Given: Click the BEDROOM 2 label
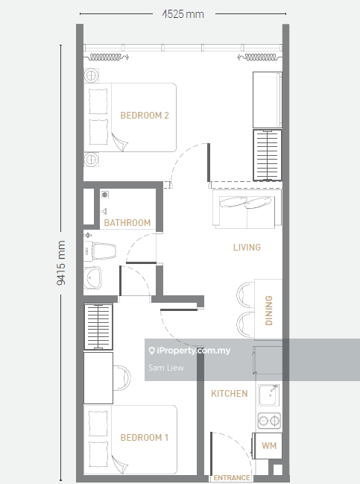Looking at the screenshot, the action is point(145,116).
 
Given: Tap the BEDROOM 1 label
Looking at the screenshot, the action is point(144,438).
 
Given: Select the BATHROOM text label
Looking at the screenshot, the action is point(127,222).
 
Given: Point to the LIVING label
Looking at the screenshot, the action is point(247,248).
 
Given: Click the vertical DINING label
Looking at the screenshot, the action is point(268,310).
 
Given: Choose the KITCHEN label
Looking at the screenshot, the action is point(230,394).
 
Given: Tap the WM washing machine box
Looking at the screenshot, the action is point(267,445).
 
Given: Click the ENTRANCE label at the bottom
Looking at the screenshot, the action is point(232,478).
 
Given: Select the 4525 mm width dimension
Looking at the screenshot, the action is point(183,14).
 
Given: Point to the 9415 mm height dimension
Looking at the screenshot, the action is point(61,263).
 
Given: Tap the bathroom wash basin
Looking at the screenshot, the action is point(92,278).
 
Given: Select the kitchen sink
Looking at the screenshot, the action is point(269,395).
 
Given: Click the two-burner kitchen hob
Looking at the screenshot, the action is point(269,421).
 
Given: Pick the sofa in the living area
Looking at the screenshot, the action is point(247,210).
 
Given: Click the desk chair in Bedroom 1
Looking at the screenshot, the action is point(122,378).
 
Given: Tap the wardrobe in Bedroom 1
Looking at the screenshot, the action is point(98,327).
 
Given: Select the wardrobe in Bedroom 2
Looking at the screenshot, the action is point(267,155).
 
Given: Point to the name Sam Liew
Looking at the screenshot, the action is point(166,368).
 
